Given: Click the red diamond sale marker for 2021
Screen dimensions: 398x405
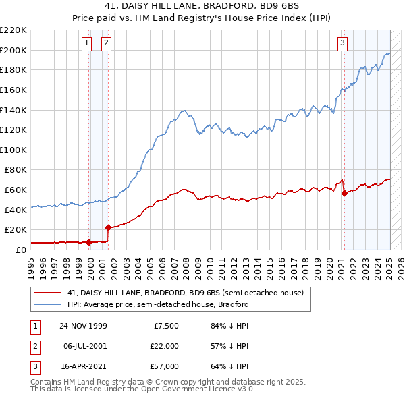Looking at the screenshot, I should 344,193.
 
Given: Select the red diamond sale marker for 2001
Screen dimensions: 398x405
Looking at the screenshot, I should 108,227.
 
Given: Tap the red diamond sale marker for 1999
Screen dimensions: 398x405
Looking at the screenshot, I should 89,241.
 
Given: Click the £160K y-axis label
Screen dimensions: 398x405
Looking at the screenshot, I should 13,90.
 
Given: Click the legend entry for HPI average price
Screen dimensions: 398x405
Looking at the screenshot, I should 158,304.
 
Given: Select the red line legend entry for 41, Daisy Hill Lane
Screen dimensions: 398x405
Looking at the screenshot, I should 186,293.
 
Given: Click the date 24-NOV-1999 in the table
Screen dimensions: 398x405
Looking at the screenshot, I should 83,326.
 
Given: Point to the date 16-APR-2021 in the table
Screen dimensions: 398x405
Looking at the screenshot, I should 83,366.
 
